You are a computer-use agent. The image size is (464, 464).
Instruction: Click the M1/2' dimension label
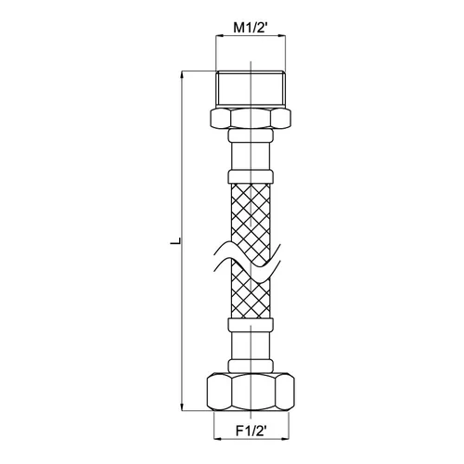(250, 28)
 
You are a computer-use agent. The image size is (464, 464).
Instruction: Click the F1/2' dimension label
(251, 431)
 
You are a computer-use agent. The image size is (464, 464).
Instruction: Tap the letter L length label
(175, 241)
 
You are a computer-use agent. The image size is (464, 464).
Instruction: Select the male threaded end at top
(251, 88)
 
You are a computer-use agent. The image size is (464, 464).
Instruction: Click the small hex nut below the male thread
(251, 118)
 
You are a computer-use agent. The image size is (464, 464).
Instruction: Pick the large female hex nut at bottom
(251, 392)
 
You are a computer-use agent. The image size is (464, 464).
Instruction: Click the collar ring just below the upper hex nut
(251, 135)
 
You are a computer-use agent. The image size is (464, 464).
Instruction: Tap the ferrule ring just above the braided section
(251, 176)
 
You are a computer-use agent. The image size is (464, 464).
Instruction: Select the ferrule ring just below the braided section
(251, 324)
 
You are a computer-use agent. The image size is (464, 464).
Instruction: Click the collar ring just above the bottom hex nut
(251, 366)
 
